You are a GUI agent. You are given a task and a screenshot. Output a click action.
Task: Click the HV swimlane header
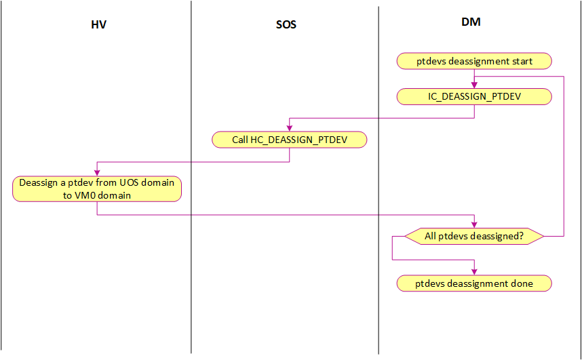coord(99,24)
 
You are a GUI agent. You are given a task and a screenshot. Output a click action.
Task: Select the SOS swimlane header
coord(286,25)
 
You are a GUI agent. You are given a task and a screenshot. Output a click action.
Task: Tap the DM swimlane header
coord(471,22)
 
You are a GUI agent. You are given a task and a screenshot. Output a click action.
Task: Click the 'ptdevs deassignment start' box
coord(474,61)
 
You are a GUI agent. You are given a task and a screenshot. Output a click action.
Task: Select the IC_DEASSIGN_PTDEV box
coord(474,96)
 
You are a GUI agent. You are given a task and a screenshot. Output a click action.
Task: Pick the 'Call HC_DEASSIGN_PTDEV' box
coord(290,140)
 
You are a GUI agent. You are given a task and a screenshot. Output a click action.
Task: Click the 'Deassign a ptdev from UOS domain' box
coord(97,189)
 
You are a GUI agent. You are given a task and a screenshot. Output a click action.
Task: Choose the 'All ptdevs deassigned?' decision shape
coord(474,236)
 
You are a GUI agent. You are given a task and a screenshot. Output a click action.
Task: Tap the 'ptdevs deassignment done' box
coord(474,283)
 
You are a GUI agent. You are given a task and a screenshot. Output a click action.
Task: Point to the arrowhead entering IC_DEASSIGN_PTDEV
coord(474,85)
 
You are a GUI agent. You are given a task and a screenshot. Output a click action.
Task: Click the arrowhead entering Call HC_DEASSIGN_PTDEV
coord(290,128)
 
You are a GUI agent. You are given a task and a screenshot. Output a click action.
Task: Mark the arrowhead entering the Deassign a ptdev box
coord(97,173)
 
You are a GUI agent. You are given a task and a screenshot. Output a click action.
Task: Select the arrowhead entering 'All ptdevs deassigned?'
coord(474,225)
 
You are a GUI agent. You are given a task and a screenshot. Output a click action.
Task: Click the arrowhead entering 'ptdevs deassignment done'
coord(474,272)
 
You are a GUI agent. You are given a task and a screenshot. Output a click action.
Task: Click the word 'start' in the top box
coord(523,61)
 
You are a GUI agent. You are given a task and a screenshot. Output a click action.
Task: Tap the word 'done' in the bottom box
coord(522,283)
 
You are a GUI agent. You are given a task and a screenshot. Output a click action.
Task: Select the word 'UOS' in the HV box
coord(129,182)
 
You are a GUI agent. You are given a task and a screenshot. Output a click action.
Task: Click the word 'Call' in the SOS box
coord(239,140)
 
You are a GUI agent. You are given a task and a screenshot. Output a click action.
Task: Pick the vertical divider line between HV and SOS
coord(191,177)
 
